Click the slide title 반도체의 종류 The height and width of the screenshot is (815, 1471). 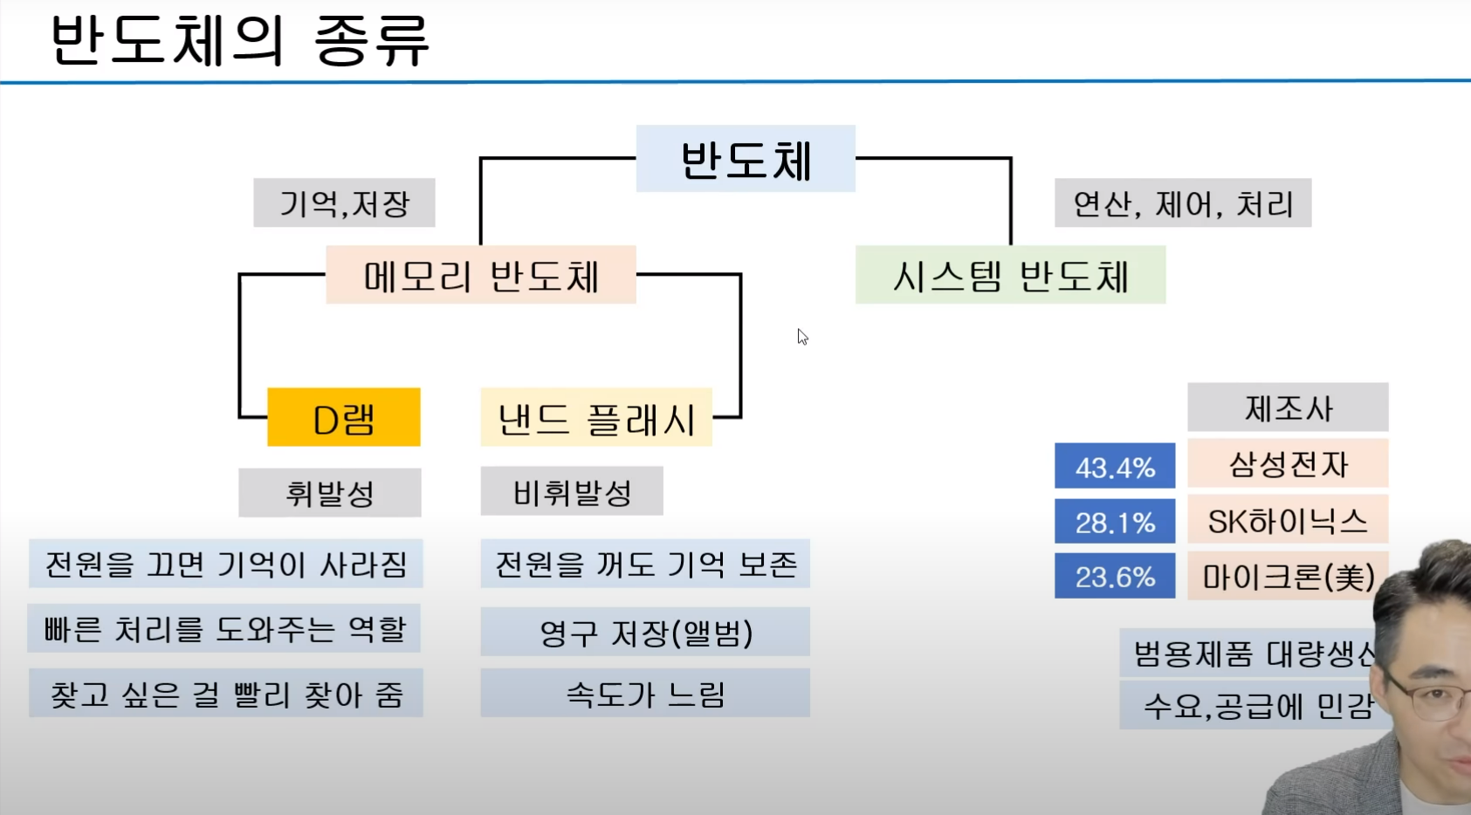240,40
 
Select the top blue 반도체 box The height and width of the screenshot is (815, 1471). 746,159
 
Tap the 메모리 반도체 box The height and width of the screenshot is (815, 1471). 480,275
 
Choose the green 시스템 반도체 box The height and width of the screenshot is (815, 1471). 1010,275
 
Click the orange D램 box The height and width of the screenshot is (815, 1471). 343,418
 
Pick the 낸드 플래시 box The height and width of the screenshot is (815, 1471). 596,418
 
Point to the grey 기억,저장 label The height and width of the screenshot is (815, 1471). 344,203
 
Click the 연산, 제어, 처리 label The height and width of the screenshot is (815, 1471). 1182,203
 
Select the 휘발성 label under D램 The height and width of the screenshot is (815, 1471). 330,493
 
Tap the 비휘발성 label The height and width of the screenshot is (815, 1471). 572,492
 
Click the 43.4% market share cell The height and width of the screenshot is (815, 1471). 1115,467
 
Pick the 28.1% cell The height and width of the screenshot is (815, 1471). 1115,522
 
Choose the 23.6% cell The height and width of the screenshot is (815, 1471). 1115,576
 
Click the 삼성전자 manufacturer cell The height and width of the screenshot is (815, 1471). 1288,463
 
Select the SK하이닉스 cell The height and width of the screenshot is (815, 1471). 1288,521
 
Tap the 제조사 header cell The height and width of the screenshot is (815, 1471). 1288,407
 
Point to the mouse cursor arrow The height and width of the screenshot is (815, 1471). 802,337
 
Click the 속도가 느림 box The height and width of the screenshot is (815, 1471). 645,694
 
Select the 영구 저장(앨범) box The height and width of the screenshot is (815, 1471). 645,632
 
